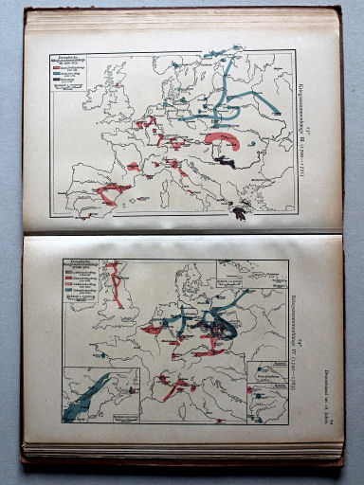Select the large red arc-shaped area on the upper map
(x=224, y=139)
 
